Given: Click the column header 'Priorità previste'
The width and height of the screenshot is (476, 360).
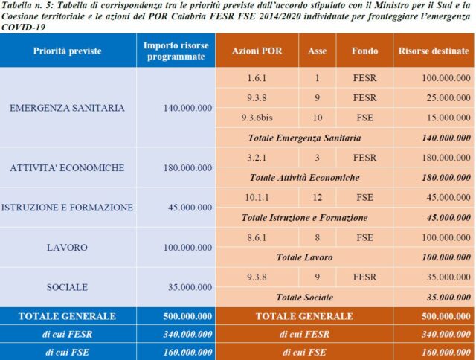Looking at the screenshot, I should [x=68, y=51].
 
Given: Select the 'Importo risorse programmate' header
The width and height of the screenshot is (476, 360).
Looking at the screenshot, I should [x=174, y=51].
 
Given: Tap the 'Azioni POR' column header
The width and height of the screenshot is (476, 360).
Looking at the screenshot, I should [x=256, y=51].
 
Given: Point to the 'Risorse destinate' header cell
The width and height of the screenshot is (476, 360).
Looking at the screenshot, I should [x=434, y=51].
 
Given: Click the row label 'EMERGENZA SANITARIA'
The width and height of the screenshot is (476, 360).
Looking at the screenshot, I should [x=67, y=108].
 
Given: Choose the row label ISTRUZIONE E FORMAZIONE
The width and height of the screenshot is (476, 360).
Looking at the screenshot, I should [x=68, y=208].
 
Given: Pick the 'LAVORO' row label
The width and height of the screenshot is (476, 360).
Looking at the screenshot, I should [x=68, y=248].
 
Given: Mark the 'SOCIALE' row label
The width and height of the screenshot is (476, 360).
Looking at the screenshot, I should [x=68, y=287].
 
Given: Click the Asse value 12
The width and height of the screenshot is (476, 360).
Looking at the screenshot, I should [x=316, y=198].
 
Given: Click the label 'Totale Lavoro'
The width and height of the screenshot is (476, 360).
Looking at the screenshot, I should [x=304, y=257].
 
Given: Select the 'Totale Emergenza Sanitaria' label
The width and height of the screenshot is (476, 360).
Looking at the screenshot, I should [x=304, y=138].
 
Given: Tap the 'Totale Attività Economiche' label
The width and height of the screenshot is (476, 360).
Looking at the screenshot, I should [x=304, y=178].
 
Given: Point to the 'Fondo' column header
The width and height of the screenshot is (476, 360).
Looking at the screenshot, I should [x=364, y=51].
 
